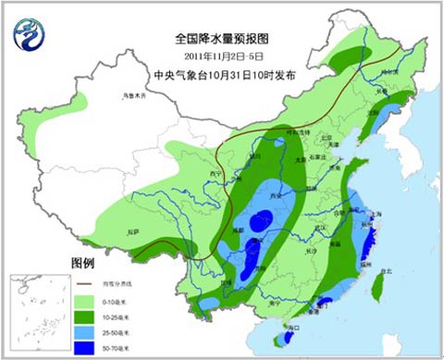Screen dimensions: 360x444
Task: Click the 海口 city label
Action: pos(294,327)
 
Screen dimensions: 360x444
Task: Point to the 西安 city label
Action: pos(273,197)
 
